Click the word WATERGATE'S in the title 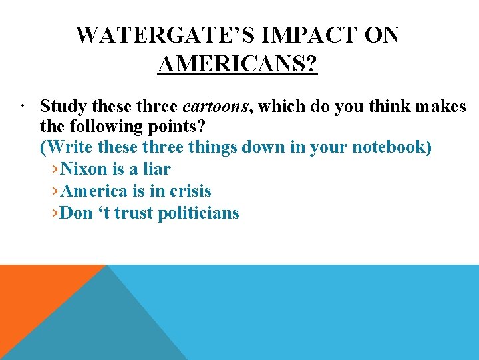(167, 35)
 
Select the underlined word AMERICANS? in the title (238, 65)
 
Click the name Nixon (82, 169)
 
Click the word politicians (198, 214)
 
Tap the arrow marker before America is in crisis (55, 192)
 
